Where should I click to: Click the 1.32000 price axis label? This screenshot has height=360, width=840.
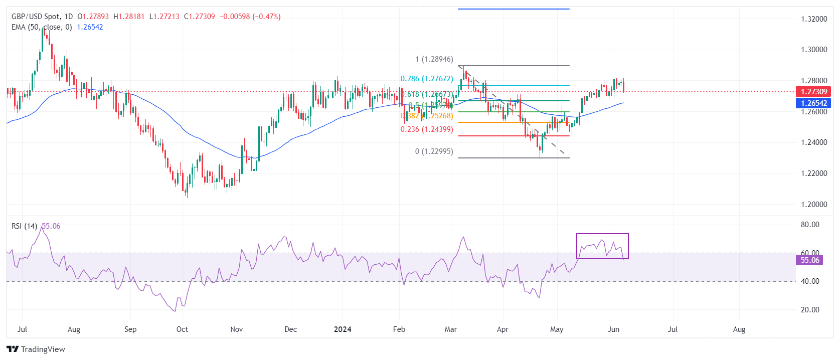point(814,19)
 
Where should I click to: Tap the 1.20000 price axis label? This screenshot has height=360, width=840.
point(814,205)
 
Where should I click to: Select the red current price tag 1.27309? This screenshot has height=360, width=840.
point(813,92)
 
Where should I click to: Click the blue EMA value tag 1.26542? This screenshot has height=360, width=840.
point(813,103)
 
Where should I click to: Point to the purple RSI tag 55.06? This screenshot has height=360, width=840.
point(809,260)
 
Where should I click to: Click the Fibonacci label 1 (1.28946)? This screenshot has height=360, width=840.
point(434,59)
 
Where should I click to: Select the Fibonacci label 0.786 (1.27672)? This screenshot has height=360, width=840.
point(426,79)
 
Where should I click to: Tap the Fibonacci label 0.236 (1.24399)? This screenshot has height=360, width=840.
point(426,129)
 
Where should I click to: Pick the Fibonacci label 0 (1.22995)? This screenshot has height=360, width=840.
point(434,151)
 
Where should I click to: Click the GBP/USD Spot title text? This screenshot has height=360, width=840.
point(35,17)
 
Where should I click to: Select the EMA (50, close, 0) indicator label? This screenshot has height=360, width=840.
point(42,27)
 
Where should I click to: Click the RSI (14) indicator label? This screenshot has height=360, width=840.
point(24,226)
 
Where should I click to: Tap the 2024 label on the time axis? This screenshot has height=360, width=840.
point(343,329)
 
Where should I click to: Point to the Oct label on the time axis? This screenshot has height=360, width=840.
point(182,329)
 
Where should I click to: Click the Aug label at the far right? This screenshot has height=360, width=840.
point(739,329)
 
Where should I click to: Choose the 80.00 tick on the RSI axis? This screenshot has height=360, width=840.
point(810,225)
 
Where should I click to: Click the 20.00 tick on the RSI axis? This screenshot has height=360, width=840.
point(810,310)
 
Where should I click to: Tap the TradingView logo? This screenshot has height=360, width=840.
point(36,349)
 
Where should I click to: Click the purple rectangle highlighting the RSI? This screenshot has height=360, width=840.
point(602,234)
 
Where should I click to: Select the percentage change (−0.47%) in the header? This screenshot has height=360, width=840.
point(266,17)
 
